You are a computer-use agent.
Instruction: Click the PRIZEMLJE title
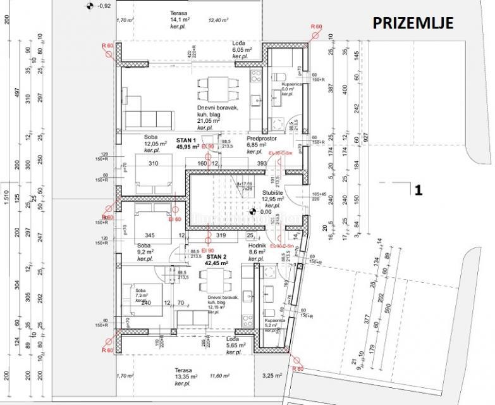pos(412,24)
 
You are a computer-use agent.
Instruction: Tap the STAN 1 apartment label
pos(187,140)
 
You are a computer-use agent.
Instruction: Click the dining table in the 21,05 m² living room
pos(207,90)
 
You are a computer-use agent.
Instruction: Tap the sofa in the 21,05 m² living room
pos(150,118)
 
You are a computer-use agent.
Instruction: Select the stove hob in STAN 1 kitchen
pos(256,77)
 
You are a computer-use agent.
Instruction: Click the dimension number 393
pos(260,164)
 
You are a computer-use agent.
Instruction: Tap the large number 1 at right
pos(417,189)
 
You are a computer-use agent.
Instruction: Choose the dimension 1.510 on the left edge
pos(6,201)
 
